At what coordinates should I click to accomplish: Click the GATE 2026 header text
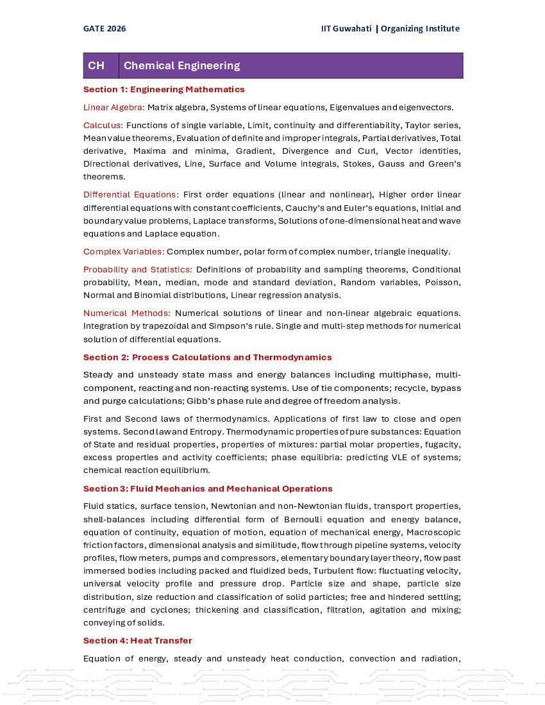(x=105, y=28)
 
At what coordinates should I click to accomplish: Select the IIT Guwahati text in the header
(x=346, y=28)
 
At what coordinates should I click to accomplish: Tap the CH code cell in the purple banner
(x=96, y=65)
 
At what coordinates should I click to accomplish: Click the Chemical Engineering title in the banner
(x=181, y=65)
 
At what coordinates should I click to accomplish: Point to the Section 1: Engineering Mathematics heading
(x=163, y=89)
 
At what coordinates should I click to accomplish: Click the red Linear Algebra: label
(x=114, y=107)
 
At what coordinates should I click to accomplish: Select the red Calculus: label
(x=103, y=125)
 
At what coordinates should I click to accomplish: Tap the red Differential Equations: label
(x=131, y=195)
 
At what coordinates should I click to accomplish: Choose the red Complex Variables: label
(x=124, y=251)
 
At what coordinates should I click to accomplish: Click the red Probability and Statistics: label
(x=137, y=269)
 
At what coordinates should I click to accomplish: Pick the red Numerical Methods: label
(x=126, y=313)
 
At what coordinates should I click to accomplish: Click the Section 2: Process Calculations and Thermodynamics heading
(x=207, y=357)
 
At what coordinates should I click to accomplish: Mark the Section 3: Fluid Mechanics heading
(x=208, y=488)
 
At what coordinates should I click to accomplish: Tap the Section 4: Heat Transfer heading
(x=137, y=640)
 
